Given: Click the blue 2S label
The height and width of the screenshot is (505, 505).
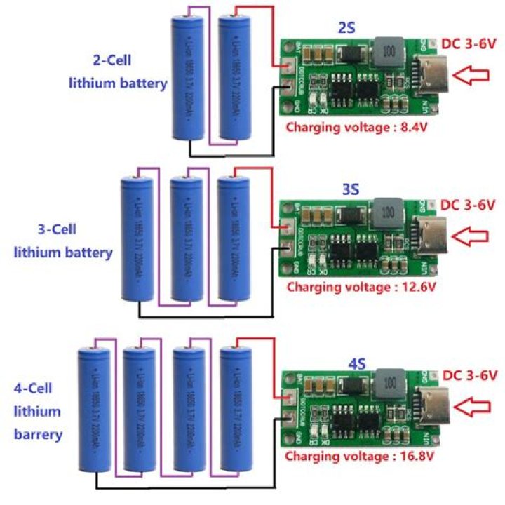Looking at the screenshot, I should click(346, 28).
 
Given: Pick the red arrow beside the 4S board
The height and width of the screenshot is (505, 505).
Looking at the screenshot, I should click(476, 406).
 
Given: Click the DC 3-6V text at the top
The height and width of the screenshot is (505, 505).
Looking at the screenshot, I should click(469, 43).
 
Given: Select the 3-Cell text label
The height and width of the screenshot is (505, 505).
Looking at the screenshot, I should click(62, 229).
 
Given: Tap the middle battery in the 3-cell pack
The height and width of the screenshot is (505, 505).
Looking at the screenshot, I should click(187, 238).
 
